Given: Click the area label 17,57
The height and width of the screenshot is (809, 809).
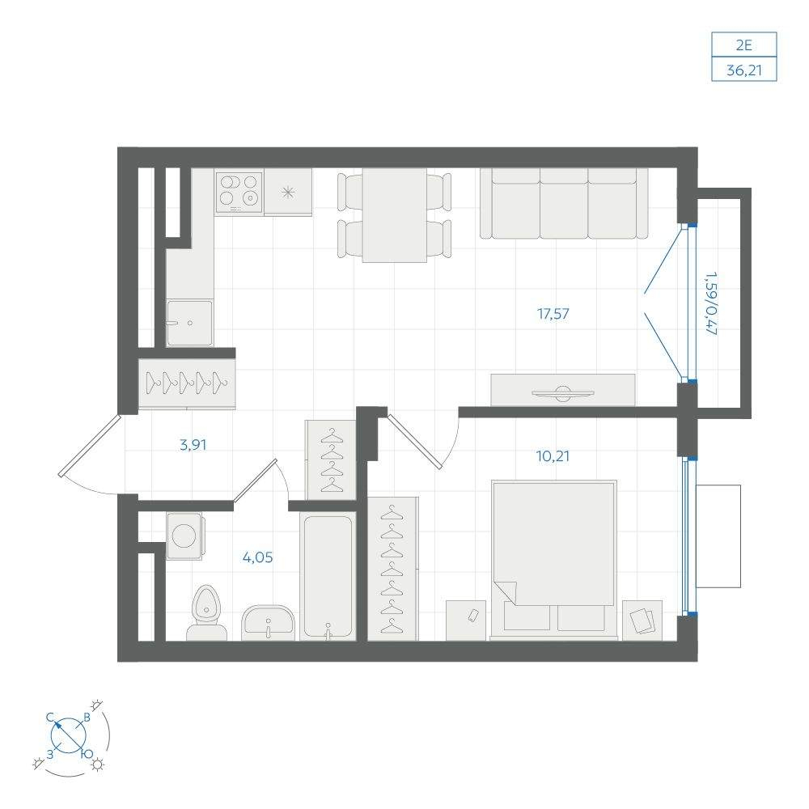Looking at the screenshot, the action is coord(553,314).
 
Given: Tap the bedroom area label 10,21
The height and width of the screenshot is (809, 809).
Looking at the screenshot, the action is coord(553,456).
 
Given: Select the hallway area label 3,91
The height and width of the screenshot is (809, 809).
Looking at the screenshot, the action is coord(193,445).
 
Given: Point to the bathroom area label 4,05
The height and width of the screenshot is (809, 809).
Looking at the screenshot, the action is coord(257,557).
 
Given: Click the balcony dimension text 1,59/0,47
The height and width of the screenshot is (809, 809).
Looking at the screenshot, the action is coord(711,304).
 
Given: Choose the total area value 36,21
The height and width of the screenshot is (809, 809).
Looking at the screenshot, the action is coord(744,70).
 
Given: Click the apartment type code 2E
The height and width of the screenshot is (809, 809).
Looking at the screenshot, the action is coord(744,45).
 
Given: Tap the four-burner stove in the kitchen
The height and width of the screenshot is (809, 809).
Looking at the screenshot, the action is coord(239,192).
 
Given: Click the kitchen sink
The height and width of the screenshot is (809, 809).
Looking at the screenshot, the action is coord(189,323).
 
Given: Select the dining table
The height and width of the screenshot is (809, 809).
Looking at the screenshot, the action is coord(395,215).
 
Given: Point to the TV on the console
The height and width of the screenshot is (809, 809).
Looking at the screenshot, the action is coord(563,392).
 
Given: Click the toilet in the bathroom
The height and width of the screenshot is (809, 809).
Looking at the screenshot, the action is coord(206,613).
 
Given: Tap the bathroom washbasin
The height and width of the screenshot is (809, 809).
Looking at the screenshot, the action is coord(268,623).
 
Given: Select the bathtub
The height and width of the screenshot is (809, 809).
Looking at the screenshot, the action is coord(328,577).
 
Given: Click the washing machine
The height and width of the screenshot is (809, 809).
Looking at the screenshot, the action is coord(184,536).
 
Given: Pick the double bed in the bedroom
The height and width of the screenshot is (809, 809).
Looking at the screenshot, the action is coord(553,560).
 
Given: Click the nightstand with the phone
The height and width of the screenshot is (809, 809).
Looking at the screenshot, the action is coord(466,621).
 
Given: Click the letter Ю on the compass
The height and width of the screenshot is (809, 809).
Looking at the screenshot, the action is coord(87,754).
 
